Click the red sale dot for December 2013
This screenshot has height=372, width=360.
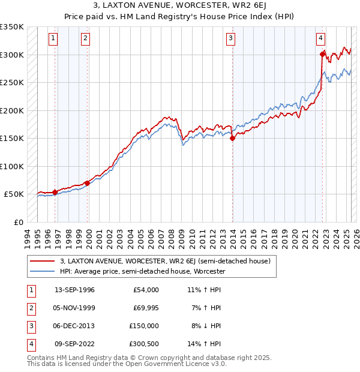click(x=233, y=138)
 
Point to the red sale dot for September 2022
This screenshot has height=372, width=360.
click(x=323, y=55)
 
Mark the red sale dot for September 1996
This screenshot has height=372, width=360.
click(x=55, y=192)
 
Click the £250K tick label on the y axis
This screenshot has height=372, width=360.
click(x=12, y=82)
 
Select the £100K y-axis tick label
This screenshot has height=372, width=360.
click(x=12, y=166)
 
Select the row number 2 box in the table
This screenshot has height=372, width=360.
click(x=30, y=308)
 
